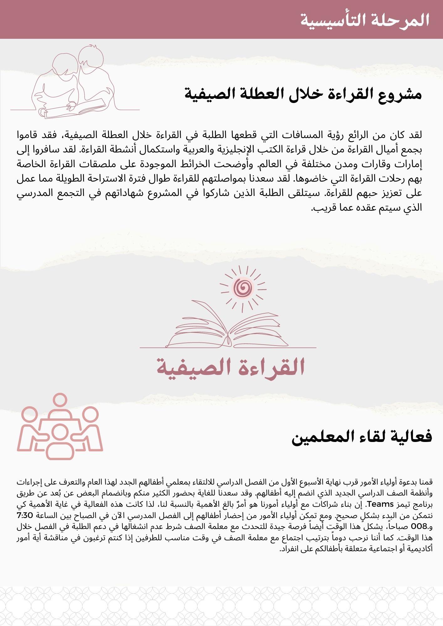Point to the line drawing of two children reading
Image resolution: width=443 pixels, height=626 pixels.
pyautogui.click(x=75, y=83)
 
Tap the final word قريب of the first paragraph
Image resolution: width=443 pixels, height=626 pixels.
pyautogui.click(x=320, y=207)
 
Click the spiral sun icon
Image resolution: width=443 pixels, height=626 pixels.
pyautogui.click(x=243, y=287)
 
